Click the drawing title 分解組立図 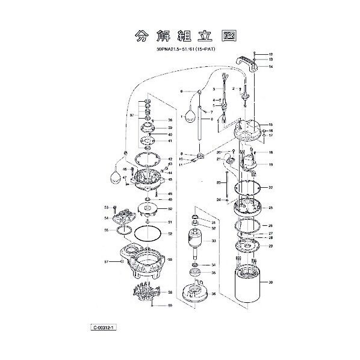tap(179, 36)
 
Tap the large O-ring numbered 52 tap(146, 234)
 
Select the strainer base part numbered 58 tap(146, 294)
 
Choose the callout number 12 tap(271, 54)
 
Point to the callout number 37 tap(131, 114)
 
